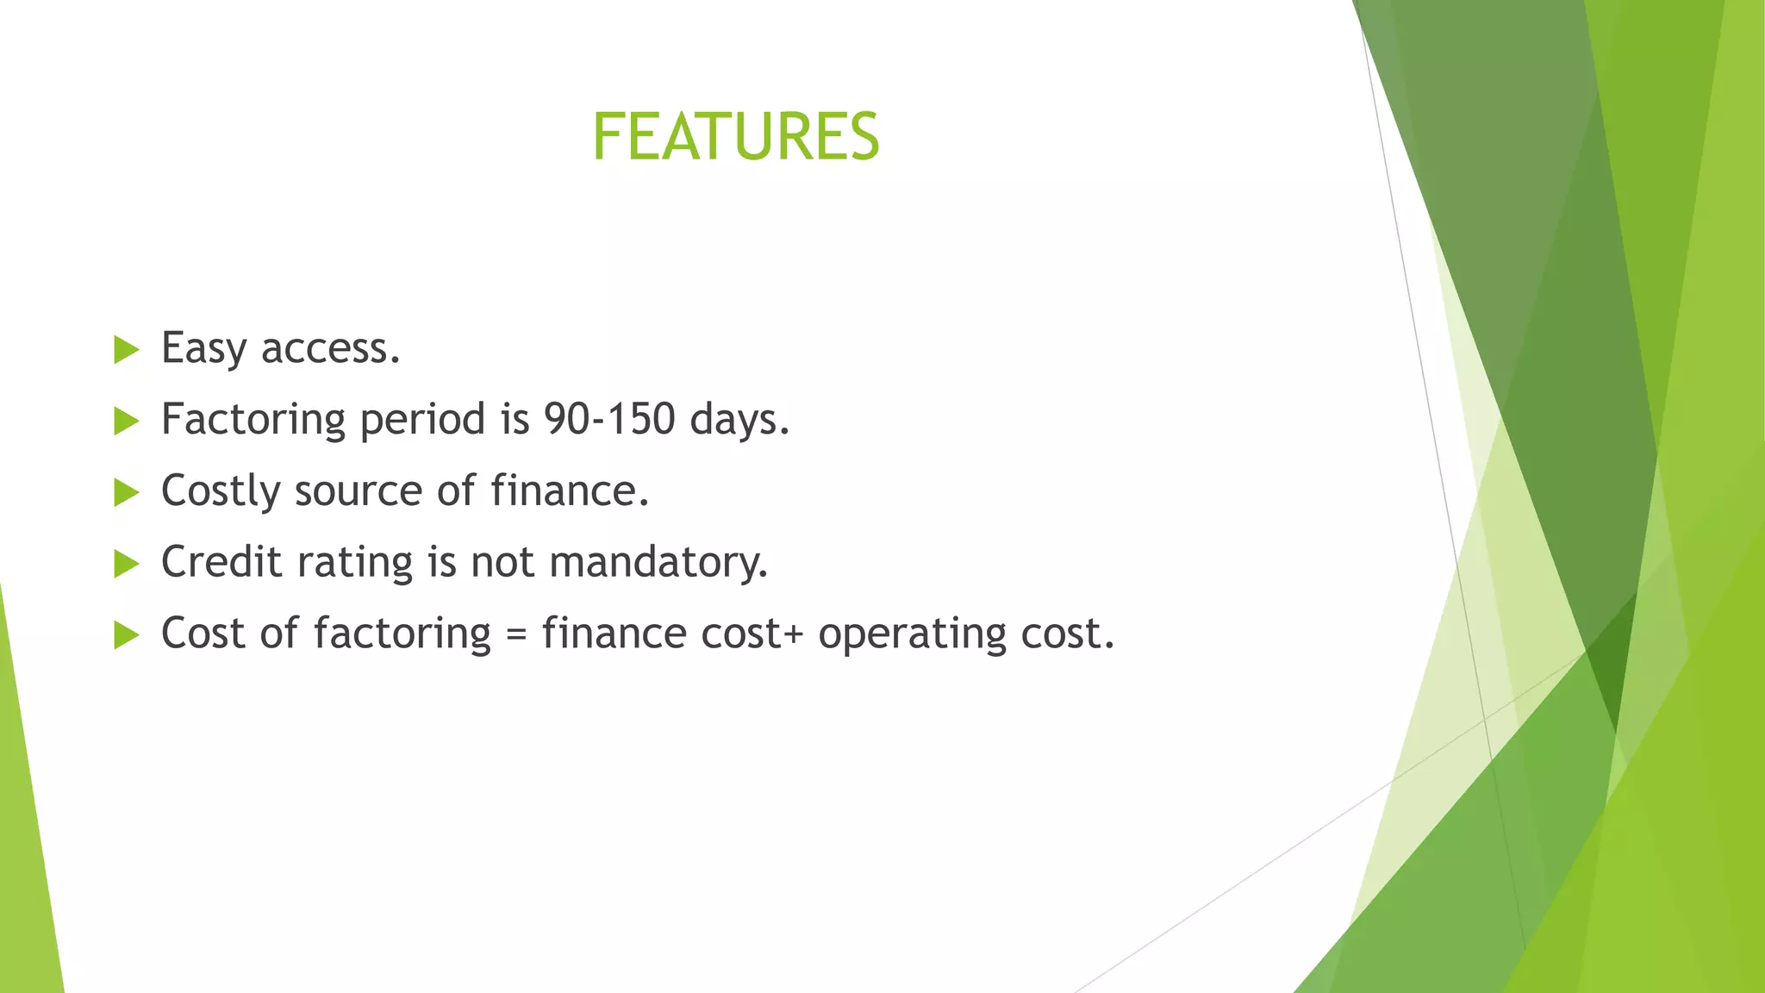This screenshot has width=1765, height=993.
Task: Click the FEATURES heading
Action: pos(735,137)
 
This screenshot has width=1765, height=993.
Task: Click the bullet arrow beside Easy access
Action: pos(126,350)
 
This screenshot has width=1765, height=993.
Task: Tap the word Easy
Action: pos(203,349)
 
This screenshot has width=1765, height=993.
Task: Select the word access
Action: pos(330,349)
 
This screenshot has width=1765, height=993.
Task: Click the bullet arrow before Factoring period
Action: pos(126,422)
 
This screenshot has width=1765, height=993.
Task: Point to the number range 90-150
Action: pos(609,420)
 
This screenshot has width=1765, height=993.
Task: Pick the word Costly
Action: pos(221,492)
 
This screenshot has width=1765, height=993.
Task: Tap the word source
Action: pos(359,492)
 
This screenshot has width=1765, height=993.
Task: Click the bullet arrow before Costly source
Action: pos(126,493)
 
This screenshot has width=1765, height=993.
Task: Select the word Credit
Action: pos(221,562)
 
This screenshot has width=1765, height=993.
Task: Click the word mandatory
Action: pos(658,563)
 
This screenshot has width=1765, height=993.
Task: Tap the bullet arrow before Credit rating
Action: pos(126,565)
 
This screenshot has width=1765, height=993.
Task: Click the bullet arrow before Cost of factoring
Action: pos(126,636)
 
